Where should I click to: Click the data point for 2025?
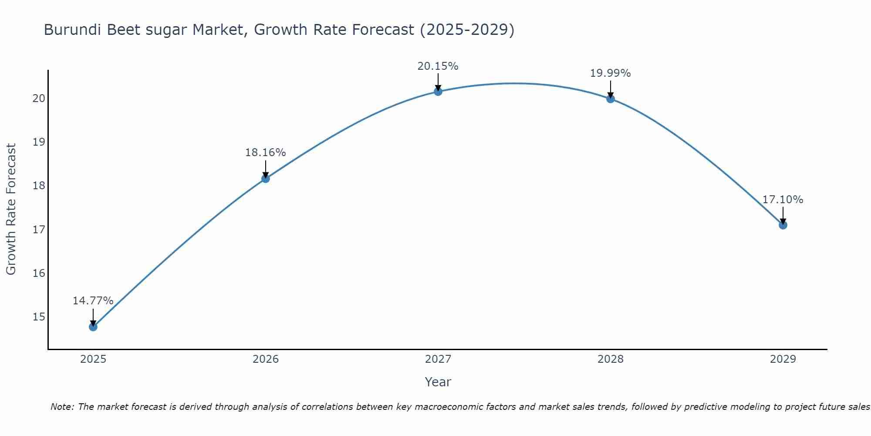pyautogui.click(x=93, y=327)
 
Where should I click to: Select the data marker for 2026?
pyautogui.click(x=265, y=178)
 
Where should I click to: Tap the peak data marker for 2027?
pyautogui.click(x=438, y=91)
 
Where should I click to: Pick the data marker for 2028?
pyautogui.click(x=610, y=99)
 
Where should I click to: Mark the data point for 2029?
pyautogui.click(x=783, y=225)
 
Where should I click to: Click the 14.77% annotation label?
pyautogui.click(x=93, y=301)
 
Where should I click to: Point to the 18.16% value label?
pyautogui.click(x=265, y=153)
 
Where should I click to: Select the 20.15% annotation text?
pyautogui.click(x=438, y=66)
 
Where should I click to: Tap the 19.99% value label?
pyautogui.click(x=610, y=73)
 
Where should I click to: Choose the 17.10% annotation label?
pyautogui.click(x=783, y=200)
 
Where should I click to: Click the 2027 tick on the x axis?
pyautogui.click(x=438, y=359)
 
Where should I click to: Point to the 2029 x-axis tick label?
pyautogui.click(x=783, y=359)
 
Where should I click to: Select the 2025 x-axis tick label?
pyautogui.click(x=93, y=359)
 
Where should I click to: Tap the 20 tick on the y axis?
pyautogui.click(x=39, y=98)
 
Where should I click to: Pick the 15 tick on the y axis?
pyautogui.click(x=39, y=317)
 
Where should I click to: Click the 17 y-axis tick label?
pyautogui.click(x=39, y=229)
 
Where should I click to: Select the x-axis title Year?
pyautogui.click(x=438, y=382)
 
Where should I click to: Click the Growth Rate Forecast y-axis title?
pyautogui.click(x=11, y=209)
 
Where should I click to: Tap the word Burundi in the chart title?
pyautogui.click(x=73, y=30)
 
